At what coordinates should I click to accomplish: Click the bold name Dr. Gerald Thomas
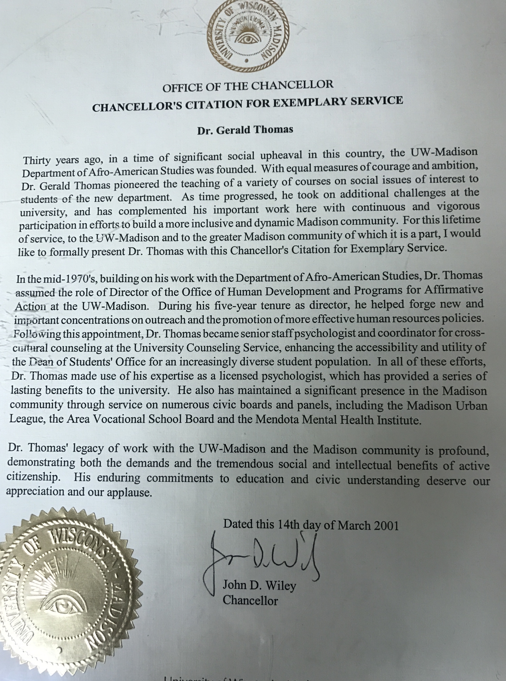245,130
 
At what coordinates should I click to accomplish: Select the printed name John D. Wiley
259,585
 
